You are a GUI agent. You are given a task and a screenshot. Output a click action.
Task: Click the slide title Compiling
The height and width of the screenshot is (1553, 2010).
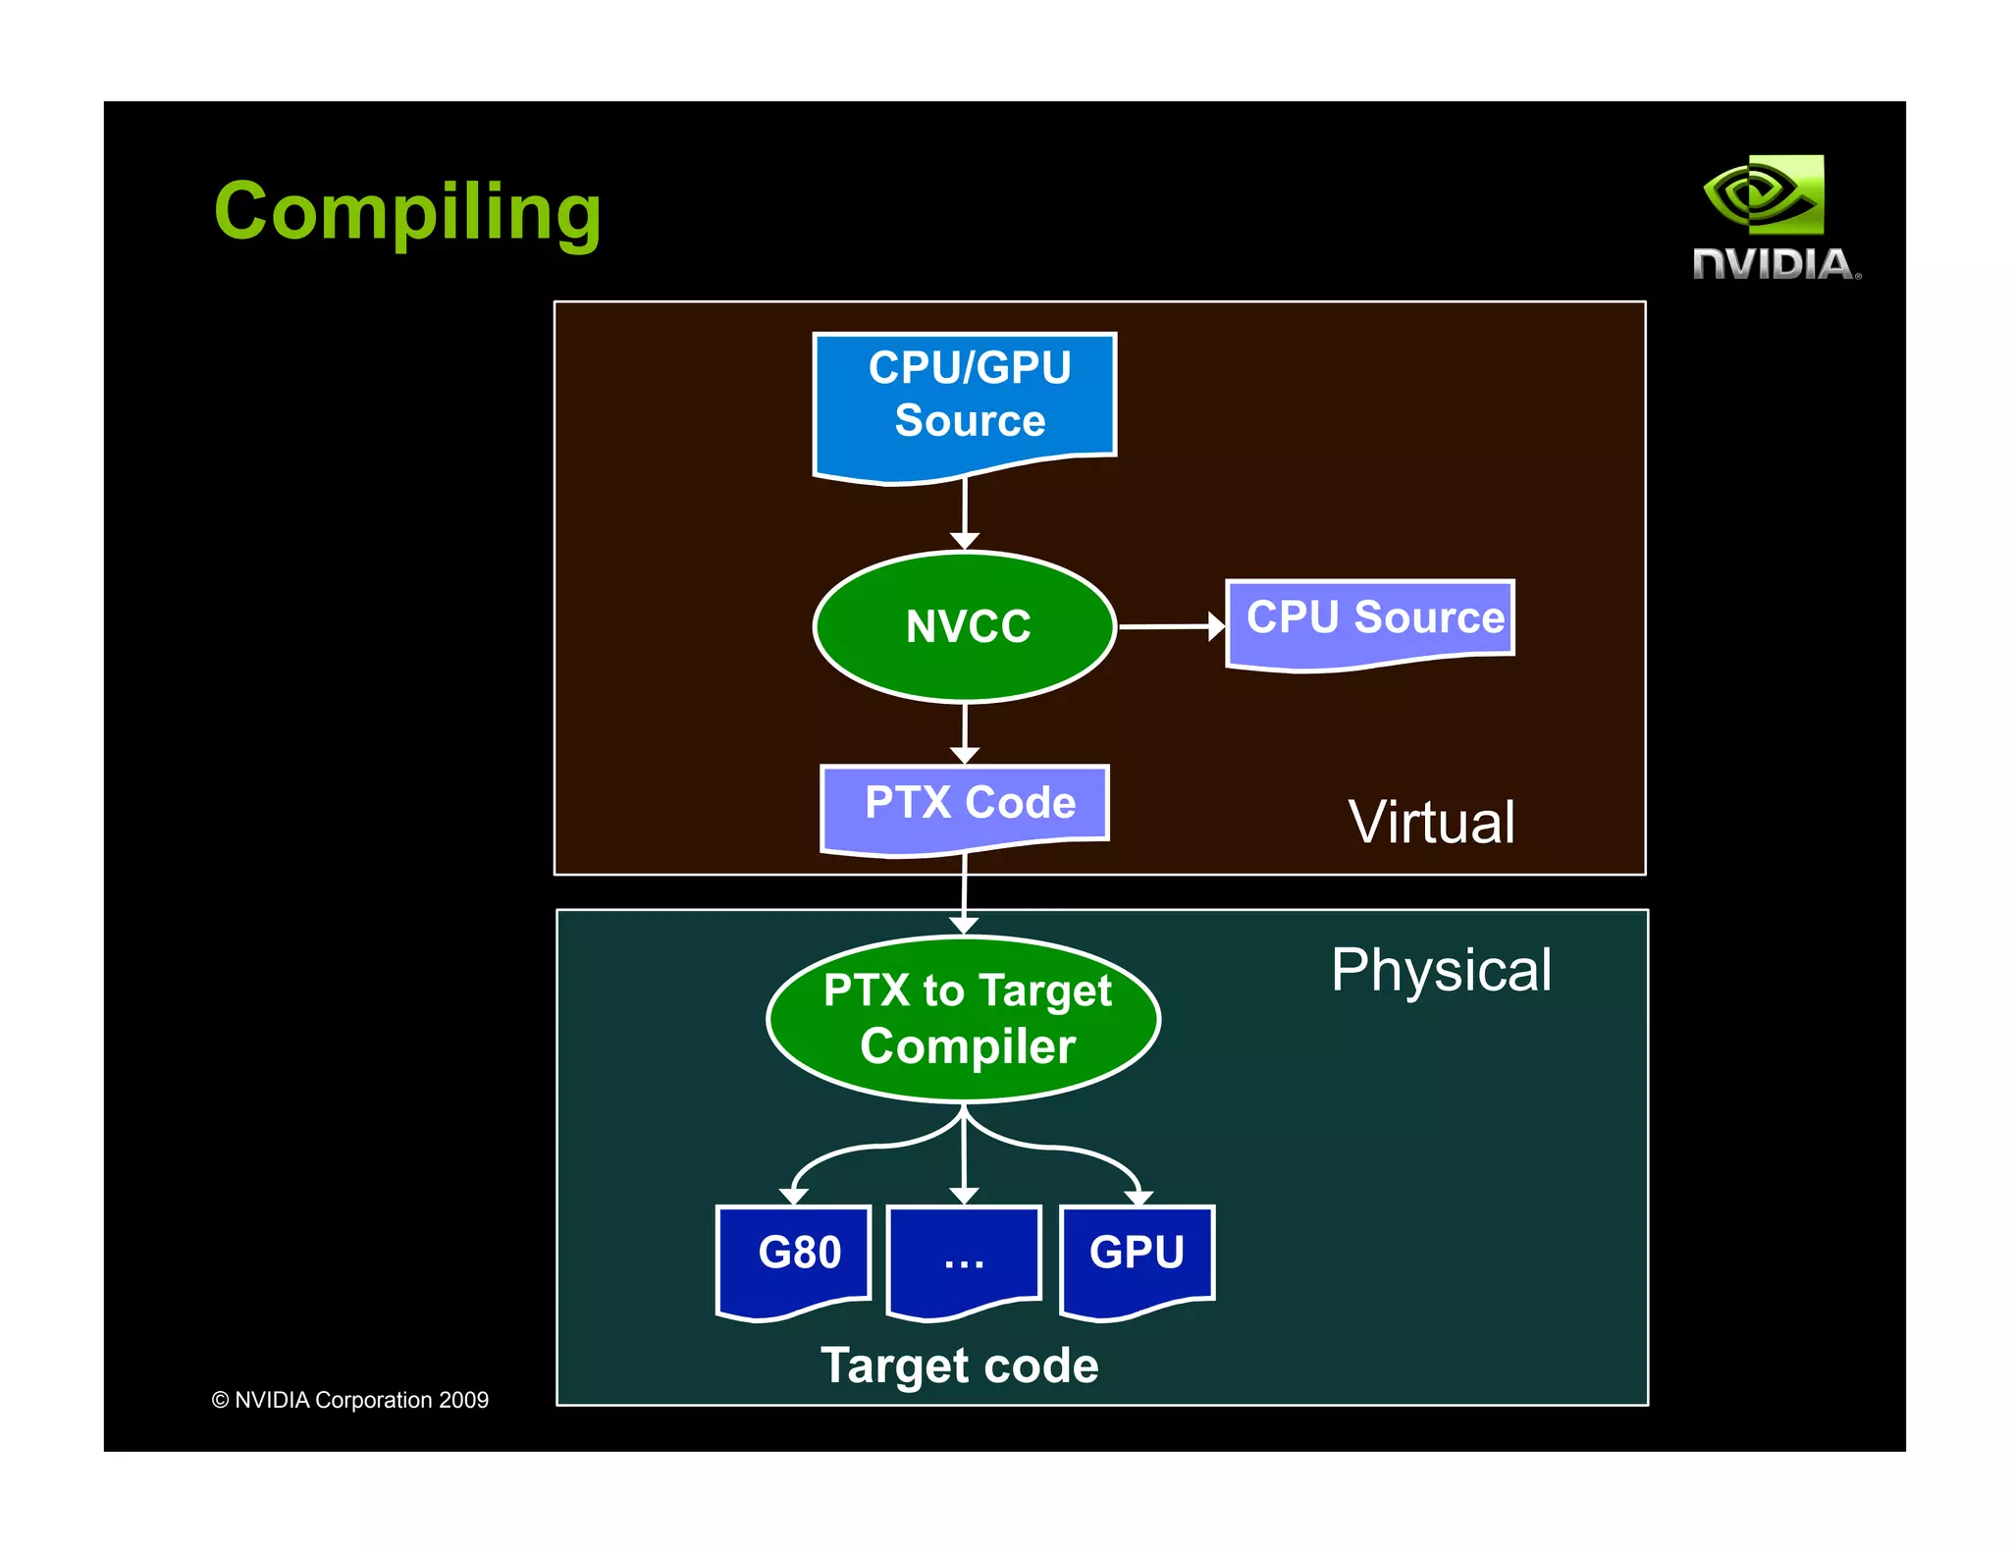pyautogui.click(x=406, y=212)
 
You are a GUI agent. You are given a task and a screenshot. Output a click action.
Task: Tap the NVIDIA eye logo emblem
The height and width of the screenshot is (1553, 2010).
pyautogui.click(x=1765, y=194)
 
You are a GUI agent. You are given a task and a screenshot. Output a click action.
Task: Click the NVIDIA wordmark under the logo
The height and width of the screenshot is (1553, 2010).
pyautogui.click(x=1775, y=264)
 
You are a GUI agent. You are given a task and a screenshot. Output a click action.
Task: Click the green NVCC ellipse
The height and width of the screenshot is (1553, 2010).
pyautogui.click(x=966, y=626)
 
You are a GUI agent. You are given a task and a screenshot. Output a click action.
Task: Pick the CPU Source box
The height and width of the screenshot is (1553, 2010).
pyautogui.click(x=1371, y=620)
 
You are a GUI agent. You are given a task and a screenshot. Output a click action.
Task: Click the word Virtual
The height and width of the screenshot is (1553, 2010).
pyautogui.click(x=1431, y=823)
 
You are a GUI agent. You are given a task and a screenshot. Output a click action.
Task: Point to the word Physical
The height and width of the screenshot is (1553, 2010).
pyautogui.click(x=1441, y=970)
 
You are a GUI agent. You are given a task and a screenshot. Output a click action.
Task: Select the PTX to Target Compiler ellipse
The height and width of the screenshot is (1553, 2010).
pyautogui.click(x=965, y=1019)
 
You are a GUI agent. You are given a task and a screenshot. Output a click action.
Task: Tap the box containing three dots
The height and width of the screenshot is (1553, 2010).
pyautogui.click(x=964, y=1258)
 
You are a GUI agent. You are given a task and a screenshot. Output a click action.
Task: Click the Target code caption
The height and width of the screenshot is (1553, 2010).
pyautogui.click(x=959, y=1366)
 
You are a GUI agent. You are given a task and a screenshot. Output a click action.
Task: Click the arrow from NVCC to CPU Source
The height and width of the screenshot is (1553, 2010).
pyautogui.click(x=1170, y=625)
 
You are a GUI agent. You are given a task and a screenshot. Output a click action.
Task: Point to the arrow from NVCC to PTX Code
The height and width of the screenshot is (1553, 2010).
pyautogui.click(x=965, y=731)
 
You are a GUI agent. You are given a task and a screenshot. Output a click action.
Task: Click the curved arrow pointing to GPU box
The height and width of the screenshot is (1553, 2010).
pyautogui.click(x=1080, y=1151)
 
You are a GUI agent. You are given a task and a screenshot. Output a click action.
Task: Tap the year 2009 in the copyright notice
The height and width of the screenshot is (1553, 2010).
pyautogui.click(x=463, y=1400)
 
